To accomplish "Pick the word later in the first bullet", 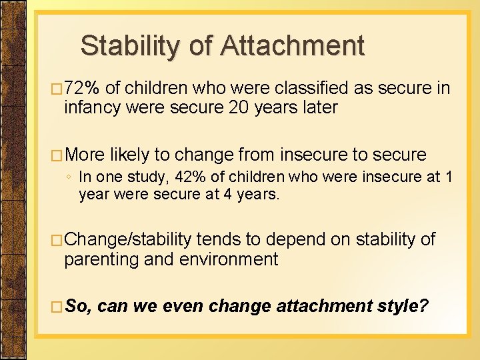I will coord(317,107).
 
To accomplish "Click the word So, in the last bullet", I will coord(81,306).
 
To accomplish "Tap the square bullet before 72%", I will coord(57,89).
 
